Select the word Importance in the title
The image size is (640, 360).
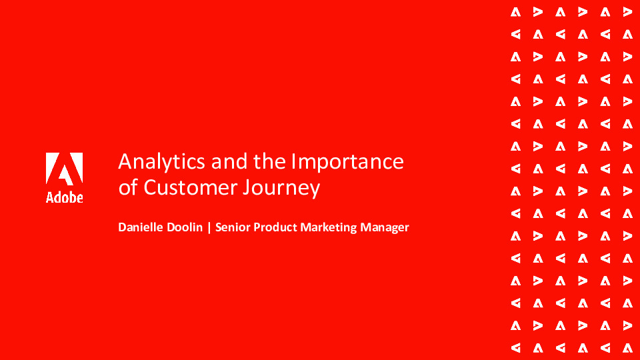[347, 161]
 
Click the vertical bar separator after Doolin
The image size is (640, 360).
[210, 227]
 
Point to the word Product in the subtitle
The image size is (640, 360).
[275, 227]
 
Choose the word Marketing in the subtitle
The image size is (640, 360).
[329, 228]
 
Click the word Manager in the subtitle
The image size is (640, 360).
[385, 228]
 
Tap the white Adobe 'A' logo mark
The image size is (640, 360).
[64, 168]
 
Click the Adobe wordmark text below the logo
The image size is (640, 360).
[64, 197]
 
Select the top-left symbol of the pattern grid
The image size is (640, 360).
[515, 11]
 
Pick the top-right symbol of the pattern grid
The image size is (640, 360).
[627, 11]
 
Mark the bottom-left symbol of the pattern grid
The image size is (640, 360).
[515, 347]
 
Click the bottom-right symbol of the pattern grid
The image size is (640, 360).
[627, 347]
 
